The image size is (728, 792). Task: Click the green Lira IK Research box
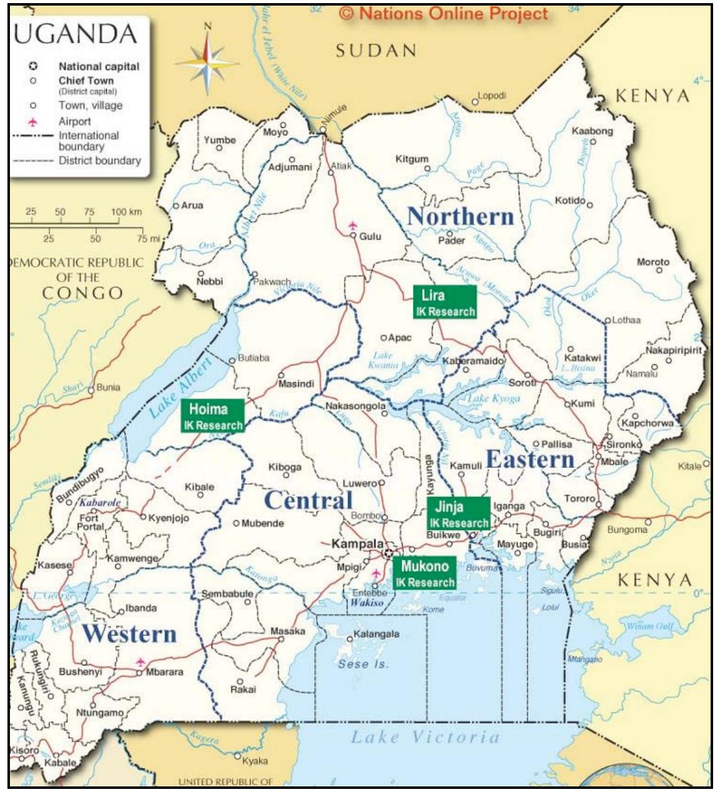(444, 302)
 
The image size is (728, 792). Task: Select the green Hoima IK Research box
(212, 416)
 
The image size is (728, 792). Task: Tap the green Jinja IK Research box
(459, 514)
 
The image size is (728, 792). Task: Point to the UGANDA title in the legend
(74, 35)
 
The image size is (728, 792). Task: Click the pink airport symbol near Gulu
(353, 225)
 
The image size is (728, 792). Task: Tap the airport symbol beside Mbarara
(140, 662)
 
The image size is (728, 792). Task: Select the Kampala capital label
(357, 544)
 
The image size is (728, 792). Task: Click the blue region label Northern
(460, 217)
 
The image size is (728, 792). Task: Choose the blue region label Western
(130, 634)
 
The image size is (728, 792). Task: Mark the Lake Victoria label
(425, 737)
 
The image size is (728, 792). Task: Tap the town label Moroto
(653, 262)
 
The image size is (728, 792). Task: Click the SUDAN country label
(375, 51)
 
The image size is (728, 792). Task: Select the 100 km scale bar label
(127, 212)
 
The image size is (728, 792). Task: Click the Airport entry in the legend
(74, 122)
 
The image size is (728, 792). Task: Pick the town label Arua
(192, 205)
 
